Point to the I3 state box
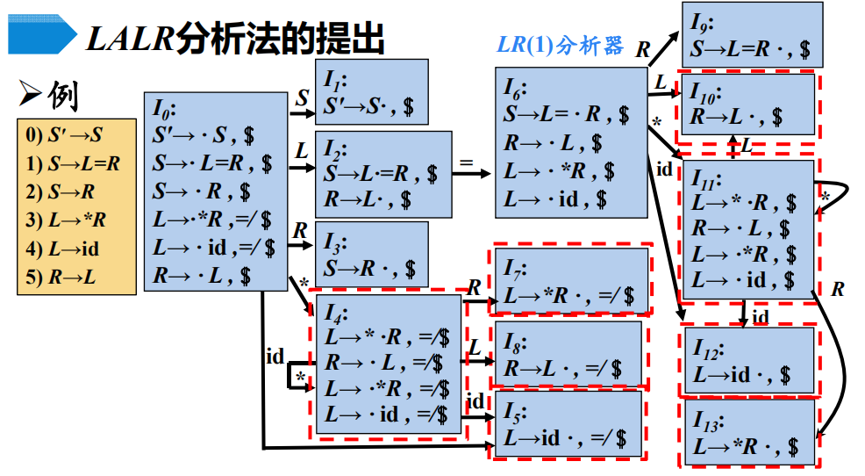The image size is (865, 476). coord(371,254)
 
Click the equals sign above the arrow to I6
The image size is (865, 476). coord(466,162)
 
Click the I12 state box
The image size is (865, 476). coord(747,361)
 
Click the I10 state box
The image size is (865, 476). coord(747,104)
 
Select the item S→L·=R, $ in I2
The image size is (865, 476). coord(380,173)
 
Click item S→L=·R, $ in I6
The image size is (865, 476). coord(566,114)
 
